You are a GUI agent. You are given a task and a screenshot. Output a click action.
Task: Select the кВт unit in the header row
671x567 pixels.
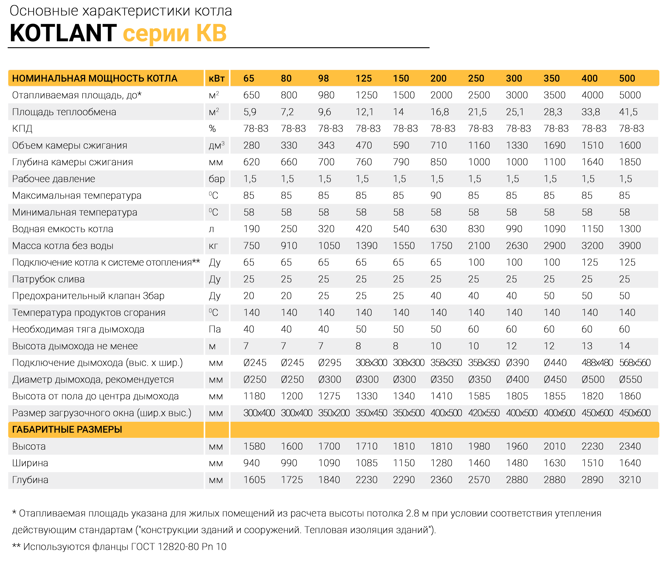point(217,78)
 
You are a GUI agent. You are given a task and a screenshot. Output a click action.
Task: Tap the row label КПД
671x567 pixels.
point(22,129)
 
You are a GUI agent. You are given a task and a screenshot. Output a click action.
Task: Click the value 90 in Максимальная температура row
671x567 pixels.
point(436,195)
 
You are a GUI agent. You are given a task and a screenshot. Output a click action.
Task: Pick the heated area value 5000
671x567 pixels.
point(630,95)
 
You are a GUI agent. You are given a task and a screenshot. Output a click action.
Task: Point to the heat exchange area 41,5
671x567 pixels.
point(628,112)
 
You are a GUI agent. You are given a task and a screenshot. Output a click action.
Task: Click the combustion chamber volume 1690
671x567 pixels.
point(555,145)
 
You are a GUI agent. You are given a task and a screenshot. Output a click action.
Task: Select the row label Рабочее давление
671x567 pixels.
point(54,179)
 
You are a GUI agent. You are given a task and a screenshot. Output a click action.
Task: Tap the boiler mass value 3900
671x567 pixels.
point(630,246)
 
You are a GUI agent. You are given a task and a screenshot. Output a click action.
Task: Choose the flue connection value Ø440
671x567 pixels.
point(555,363)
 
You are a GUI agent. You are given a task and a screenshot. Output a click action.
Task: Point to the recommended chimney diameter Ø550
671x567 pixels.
point(630,379)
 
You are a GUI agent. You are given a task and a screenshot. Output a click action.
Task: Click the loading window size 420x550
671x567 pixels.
point(484,413)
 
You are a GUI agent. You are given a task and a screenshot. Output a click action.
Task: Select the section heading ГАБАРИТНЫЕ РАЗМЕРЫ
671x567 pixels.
point(67,429)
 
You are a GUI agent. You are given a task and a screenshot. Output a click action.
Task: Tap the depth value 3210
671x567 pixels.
point(630,480)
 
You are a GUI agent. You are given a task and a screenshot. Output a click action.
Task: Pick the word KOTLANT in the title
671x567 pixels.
point(63,33)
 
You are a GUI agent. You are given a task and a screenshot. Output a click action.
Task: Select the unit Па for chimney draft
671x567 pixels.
point(215,329)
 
